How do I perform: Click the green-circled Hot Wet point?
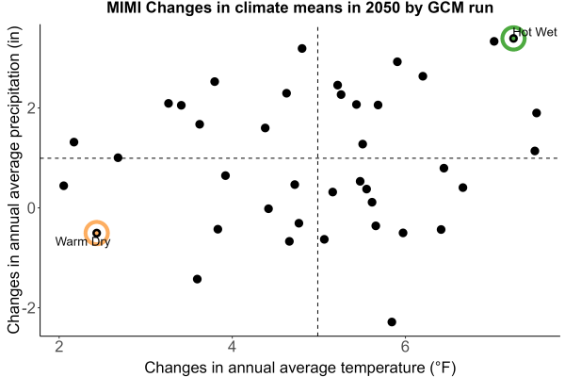[513, 39]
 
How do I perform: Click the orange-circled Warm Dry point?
[97, 233]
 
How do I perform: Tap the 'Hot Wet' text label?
[535, 32]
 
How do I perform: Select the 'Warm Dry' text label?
[83, 241]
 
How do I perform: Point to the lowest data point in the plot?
[392, 321]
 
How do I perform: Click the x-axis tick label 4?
[232, 347]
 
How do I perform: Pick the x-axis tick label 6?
[405, 347]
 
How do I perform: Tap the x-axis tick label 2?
[58, 347]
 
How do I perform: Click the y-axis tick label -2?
[29, 308]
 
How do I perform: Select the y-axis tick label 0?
[32, 207]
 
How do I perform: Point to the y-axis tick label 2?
[32, 107]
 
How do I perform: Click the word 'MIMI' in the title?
[124, 8]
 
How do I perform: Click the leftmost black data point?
[63, 186]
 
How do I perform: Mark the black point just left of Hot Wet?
[494, 41]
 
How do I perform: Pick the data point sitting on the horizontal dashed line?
[118, 157]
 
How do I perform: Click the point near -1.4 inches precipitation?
[197, 279]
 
